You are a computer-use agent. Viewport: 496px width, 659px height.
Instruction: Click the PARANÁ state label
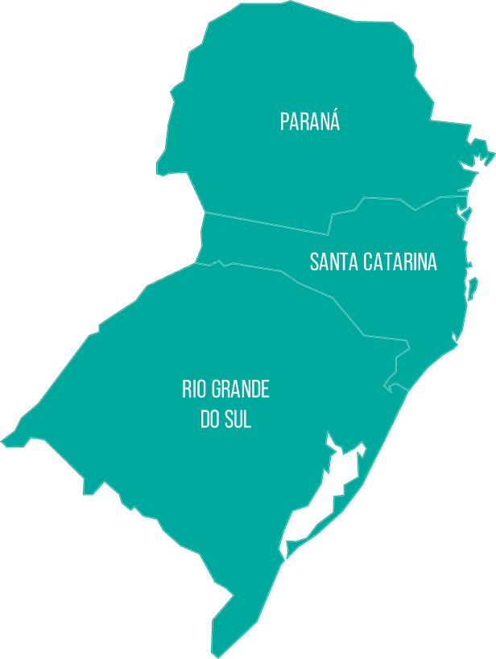click(310, 122)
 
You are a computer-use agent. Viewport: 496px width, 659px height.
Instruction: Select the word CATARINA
click(400, 262)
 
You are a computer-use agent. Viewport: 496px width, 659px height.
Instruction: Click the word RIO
click(194, 390)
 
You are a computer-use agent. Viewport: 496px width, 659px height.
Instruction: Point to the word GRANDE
click(240, 390)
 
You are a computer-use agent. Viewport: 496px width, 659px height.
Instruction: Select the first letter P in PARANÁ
click(284, 122)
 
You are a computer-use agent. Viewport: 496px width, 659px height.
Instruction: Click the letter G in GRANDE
click(216, 390)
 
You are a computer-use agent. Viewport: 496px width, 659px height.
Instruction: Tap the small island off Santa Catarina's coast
click(473, 286)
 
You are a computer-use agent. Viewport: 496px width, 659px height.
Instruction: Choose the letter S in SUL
click(226, 420)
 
